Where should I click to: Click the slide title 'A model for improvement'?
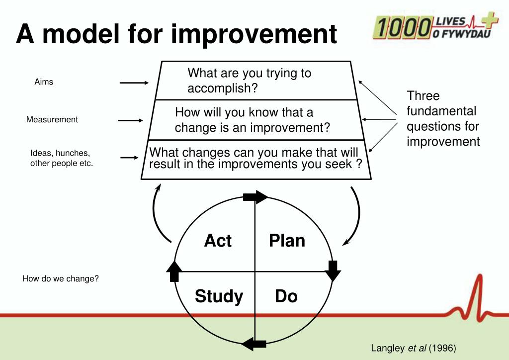[176, 34]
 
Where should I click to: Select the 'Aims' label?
[44, 82]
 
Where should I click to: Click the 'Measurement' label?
[52, 119]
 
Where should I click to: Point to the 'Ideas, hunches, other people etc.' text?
[61, 158]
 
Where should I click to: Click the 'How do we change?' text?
[61, 278]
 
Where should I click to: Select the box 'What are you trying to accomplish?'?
[249, 81]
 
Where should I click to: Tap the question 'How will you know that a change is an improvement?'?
[252, 120]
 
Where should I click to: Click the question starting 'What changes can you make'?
[255, 158]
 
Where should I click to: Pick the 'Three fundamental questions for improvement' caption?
[443, 118]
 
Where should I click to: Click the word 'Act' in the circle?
[218, 241]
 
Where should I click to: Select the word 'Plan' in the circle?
[287, 241]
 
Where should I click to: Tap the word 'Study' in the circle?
[219, 296]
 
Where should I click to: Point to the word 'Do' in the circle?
[286, 296]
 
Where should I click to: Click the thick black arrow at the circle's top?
[255, 197]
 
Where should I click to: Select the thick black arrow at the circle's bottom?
[254, 343]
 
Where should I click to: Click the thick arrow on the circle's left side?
[174, 271]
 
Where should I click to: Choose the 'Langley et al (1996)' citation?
[414, 348]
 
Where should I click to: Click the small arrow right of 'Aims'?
[134, 83]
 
